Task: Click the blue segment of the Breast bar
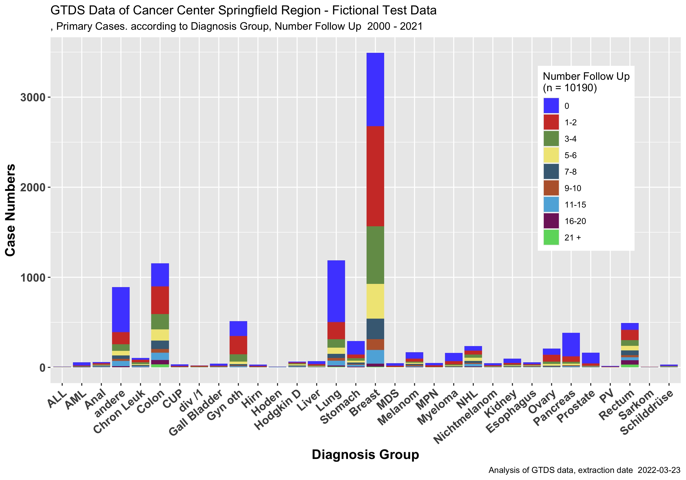coord(375,89)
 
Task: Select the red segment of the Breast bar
coord(375,176)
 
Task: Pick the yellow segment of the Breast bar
coord(375,301)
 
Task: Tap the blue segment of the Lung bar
coord(336,291)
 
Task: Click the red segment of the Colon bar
coord(160,300)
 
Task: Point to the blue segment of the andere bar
coord(121,309)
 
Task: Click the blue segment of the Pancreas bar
coord(571,344)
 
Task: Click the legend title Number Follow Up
coord(586,77)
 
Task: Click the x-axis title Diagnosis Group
coord(365,454)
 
